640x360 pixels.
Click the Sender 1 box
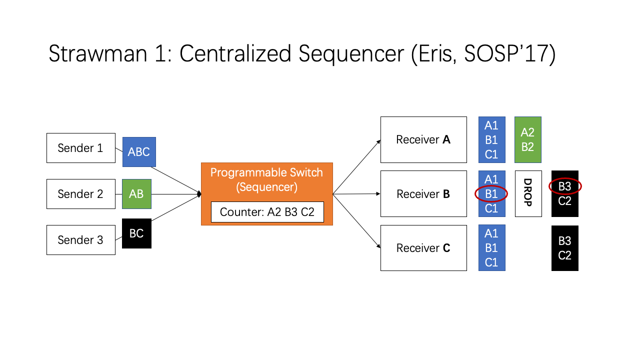coord(81,148)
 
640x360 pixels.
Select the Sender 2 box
coord(81,194)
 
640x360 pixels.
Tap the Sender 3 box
coord(81,240)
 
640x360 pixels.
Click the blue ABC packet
coord(139,152)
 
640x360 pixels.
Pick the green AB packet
coord(136,194)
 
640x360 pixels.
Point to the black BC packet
coord(136,233)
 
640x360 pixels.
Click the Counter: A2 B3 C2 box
coord(267,212)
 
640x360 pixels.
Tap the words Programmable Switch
coord(266,172)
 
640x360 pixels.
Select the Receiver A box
coord(423,139)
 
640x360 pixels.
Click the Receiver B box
coord(423,193)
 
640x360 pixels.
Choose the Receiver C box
coord(423,248)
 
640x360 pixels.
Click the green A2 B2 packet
coord(528,139)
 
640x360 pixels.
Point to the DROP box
coord(528,193)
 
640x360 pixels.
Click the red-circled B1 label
coord(491,194)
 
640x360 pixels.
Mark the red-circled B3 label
coord(565,186)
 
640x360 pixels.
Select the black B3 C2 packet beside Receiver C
coord(565,248)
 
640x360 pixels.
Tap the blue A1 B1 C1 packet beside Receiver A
coord(492,139)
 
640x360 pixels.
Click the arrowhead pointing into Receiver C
coord(378,246)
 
